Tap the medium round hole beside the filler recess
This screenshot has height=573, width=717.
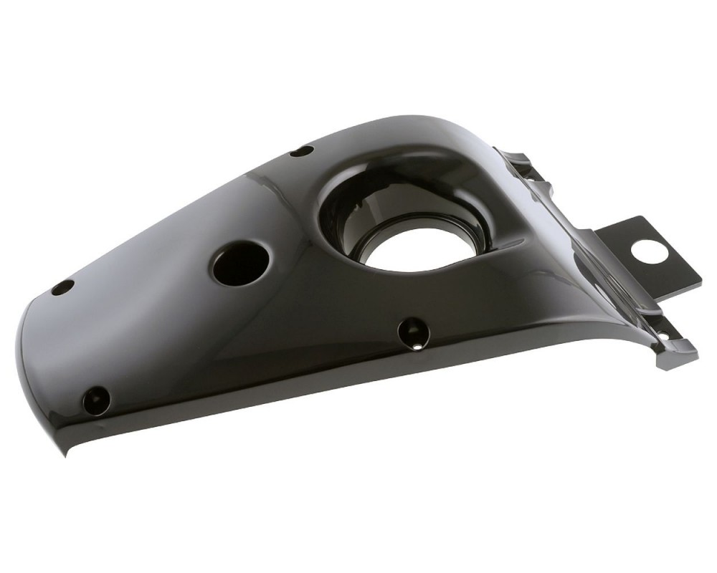[239, 263]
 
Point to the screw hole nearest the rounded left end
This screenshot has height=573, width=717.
[62, 287]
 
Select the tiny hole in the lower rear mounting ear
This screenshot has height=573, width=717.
[665, 336]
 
